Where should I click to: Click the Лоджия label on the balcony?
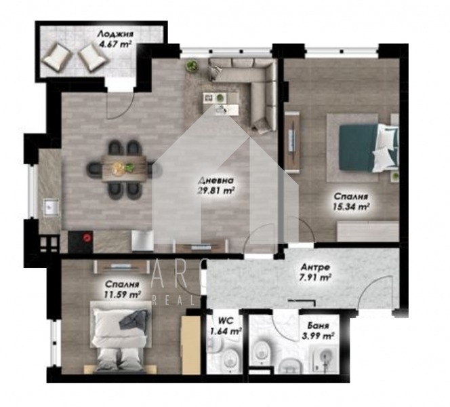click(x=115, y=33)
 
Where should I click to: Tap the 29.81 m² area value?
click(x=217, y=191)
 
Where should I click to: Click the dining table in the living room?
click(x=124, y=166)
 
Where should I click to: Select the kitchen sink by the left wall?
click(x=48, y=206)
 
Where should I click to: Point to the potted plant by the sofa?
click(x=192, y=65)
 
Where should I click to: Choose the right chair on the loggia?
click(x=91, y=57)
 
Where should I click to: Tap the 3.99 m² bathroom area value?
click(x=319, y=335)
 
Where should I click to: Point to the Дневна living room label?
click(x=216, y=181)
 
